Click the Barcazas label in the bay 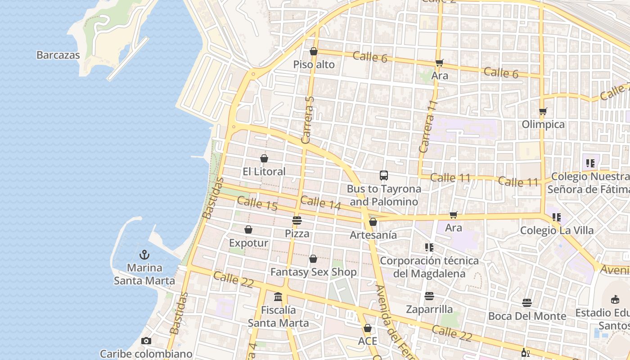pos(58,55)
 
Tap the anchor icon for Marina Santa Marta pos(144,255)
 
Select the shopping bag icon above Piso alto pos(314,52)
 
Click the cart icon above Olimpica pos(543,111)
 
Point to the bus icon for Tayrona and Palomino pos(384,175)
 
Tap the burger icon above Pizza pos(297,220)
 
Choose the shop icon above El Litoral pos(264,158)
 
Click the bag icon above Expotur pos(248,230)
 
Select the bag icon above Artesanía pos(373,222)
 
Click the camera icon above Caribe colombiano pos(146,341)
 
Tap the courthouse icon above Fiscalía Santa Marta pos(278,297)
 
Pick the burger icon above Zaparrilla pos(429,296)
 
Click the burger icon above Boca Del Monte pos(527,303)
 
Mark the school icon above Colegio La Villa pos(557,217)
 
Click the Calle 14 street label pos(320,203)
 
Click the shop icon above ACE pos(368,328)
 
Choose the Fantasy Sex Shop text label pos(313,272)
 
